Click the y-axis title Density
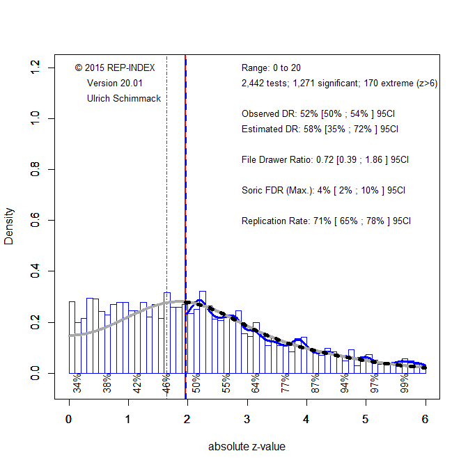pyautogui.click(x=9, y=226)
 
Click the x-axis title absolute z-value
pyautogui.click(x=247, y=447)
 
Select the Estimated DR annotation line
pyautogui.click(x=320, y=129)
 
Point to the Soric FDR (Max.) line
pyautogui.click(x=323, y=190)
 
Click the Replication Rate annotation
pyautogui.click(x=326, y=221)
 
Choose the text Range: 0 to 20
pyautogui.click(x=271, y=68)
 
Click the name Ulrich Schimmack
pyautogui.click(x=124, y=98)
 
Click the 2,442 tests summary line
pyautogui.click(x=339, y=83)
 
